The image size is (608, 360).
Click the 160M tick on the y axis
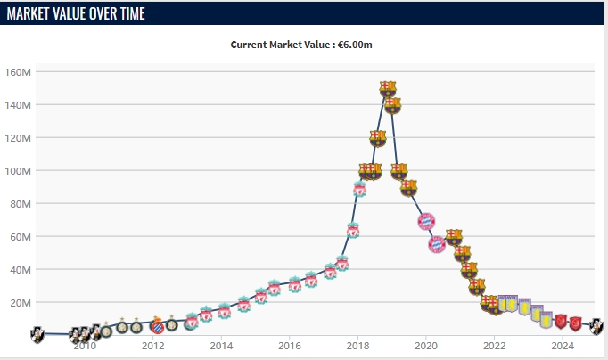19,72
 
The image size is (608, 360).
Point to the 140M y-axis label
19,105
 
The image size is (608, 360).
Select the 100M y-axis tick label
19,171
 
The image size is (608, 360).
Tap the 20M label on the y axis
21,303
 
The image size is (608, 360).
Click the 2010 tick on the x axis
85,346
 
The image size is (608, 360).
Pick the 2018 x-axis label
357,346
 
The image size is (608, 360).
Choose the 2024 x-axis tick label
563,346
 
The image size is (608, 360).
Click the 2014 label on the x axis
221,346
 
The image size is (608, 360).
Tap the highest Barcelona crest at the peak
388,88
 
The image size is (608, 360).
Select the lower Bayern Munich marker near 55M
437,244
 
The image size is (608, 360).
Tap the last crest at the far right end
597,326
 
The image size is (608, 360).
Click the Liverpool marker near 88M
359,189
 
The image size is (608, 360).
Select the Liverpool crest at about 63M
353,232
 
